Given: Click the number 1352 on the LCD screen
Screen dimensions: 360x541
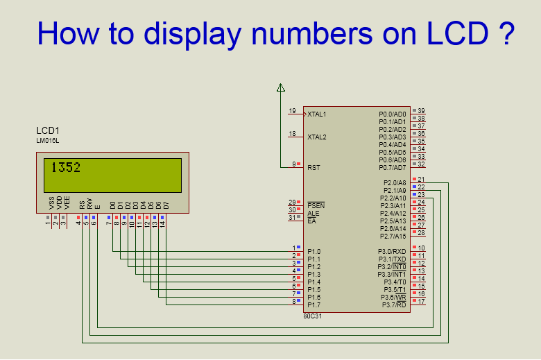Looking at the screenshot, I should coord(66,167).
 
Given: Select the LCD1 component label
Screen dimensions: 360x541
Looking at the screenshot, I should coord(48,130).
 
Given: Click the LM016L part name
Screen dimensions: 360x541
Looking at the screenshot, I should coord(48,141).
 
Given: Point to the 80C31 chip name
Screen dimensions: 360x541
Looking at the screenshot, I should coord(313,316).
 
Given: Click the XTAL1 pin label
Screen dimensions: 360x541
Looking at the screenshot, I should coord(317,114).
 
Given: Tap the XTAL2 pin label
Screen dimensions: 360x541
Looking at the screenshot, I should coord(317,137).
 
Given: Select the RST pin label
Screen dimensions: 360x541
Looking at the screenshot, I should coord(314,167).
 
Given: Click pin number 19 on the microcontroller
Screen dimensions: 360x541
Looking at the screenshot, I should coord(292,111).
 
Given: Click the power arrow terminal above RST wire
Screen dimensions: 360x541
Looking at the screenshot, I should coord(281,87).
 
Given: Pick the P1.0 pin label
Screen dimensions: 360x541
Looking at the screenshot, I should coord(314,251).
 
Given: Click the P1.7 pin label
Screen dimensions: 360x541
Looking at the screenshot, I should coord(314,305).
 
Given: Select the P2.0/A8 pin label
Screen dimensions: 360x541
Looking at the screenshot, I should coord(393,182).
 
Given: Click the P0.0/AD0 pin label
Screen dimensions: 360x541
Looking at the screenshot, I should coord(393,114).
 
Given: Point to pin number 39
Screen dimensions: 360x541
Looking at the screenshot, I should coord(421,111).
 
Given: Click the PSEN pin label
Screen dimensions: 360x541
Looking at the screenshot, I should coord(316,205).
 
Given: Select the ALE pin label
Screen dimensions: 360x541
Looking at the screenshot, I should coord(314,213).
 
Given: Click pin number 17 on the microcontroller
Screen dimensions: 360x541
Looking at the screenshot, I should coord(421,302).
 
